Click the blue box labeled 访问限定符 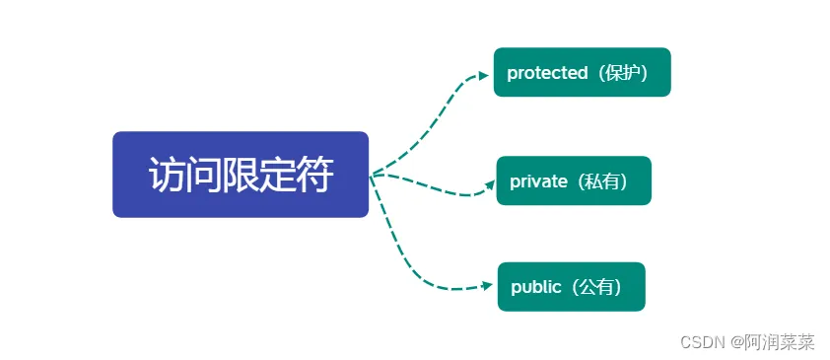pos(241,175)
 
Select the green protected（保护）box pos(582,72)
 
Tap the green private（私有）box pos(574,180)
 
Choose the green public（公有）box pos(571,286)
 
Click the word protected pos(546,73)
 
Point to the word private pos(538,181)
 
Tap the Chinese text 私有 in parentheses pos(604,181)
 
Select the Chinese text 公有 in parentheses pos(599,287)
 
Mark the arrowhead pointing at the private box pos(487,183)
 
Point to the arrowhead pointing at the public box pos(486,286)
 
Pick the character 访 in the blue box pos(168,176)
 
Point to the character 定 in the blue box pos(278,176)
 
